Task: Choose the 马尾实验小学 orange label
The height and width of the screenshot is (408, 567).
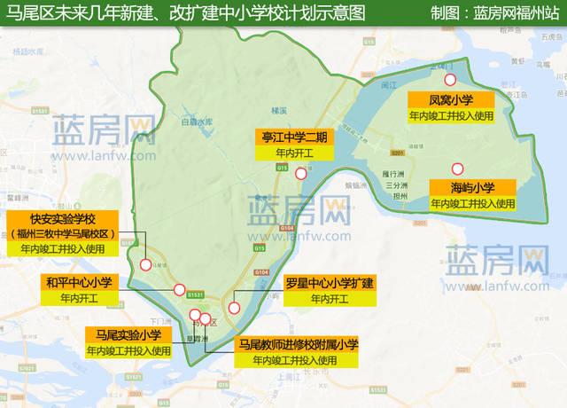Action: coord(128,334)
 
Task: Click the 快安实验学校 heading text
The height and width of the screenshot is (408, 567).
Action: coord(63,218)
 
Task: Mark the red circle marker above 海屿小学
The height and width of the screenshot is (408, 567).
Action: coord(457,169)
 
